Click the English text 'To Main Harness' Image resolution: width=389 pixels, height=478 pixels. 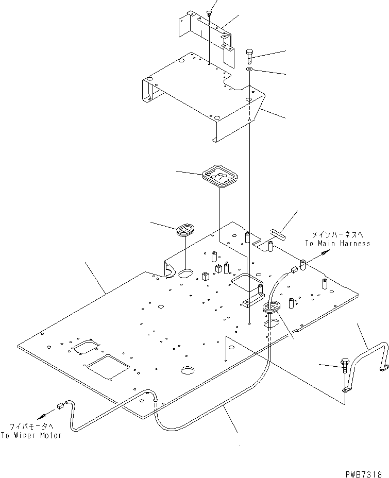click(337, 244)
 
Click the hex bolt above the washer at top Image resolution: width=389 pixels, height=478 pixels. click(250, 55)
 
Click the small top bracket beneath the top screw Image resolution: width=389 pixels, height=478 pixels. click(205, 31)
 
